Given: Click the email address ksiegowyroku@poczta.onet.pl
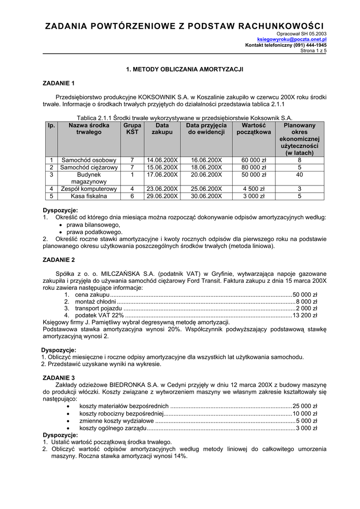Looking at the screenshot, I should (291, 39).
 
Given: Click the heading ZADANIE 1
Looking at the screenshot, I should (59, 83).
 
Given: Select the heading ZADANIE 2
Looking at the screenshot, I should (59, 260).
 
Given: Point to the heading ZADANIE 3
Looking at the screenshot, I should (59, 378).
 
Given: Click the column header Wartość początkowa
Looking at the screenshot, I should (254, 129).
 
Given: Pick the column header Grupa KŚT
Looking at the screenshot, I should (132, 129).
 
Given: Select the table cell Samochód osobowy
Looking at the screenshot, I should (89, 160).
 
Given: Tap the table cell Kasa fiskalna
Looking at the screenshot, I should (89, 196).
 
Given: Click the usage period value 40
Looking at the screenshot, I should (299, 175).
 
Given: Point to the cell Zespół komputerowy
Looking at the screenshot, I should (89, 189).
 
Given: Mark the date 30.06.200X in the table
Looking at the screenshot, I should (206, 196).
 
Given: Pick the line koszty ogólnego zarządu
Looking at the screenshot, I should (113, 428).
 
